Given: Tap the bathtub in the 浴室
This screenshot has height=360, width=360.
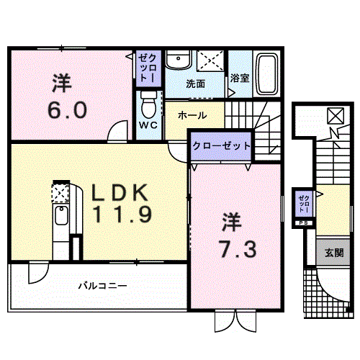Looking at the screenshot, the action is pos(267,73).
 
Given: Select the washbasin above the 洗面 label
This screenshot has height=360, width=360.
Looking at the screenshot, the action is pos(178,60).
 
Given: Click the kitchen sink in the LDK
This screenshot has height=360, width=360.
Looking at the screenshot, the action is pos(61,215).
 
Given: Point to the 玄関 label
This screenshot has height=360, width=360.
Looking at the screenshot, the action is pos(334,253).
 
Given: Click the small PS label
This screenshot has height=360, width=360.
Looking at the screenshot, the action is pos(303,223).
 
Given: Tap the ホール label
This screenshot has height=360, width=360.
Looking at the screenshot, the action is pos(192,115).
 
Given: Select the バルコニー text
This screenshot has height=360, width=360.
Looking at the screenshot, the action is pos(103,286).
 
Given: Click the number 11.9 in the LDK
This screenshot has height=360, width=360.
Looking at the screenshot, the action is pos(122,215).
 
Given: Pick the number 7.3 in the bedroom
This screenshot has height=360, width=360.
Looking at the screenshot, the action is pos(238,249).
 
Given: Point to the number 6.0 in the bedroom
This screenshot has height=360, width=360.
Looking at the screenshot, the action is pos(68,110).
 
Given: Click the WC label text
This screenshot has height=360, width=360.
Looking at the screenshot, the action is pos(148,125).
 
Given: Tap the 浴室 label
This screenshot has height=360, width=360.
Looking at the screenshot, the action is pos(240,78).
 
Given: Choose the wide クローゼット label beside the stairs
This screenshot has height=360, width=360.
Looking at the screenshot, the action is pos(222,145).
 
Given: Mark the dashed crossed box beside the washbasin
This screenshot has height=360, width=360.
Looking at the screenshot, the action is pos(210,60).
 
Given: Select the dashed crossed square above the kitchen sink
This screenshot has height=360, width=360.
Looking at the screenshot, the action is pos(60,193).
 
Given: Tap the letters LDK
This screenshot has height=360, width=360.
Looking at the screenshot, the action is pos(120,192).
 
